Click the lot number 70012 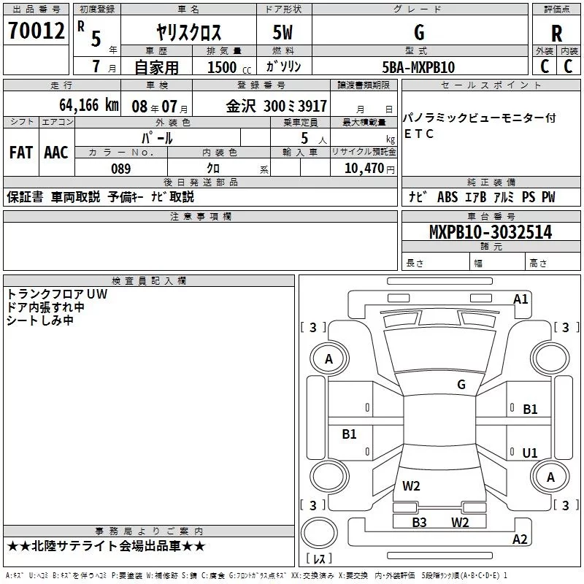36,31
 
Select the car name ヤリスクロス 189,33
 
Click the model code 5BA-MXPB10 419,67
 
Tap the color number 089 120,169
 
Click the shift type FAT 20,152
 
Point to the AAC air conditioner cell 56,152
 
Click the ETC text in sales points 419,134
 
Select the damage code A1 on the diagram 520,299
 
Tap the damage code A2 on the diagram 520,539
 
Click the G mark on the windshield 461,384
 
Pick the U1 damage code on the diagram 529,453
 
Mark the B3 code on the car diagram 419,522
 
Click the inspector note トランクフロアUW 57,293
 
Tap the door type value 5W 283,33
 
